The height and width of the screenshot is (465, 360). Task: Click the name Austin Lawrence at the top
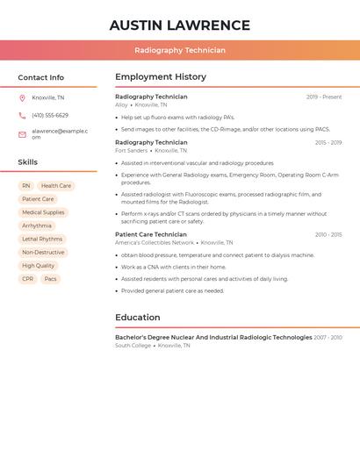tap(180, 25)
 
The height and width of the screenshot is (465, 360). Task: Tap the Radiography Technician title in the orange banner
tap(180, 50)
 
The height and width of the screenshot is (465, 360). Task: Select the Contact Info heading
tap(41, 77)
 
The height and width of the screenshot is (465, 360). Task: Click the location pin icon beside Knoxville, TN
tap(22, 98)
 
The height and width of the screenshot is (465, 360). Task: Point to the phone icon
tap(22, 116)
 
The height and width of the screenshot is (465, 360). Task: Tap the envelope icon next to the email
tap(22, 134)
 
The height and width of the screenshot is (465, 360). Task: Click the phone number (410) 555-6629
tap(50, 116)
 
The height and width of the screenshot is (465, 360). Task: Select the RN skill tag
tap(26, 186)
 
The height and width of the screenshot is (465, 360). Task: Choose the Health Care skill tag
tap(56, 186)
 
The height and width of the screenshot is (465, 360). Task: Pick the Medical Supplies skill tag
tap(43, 212)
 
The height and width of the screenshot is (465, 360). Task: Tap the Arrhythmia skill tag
tap(37, 225)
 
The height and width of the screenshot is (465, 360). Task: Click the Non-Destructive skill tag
tap(43, 253)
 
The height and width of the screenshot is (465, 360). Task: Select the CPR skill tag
tap(28, 279)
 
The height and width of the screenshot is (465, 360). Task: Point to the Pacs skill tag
tap(51, 279)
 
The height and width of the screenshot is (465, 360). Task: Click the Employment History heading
tap(161, 77)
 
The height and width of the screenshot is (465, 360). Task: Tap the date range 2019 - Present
tap(324, 97)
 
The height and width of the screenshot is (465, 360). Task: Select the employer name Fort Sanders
tap(131, 151)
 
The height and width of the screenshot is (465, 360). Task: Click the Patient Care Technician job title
tap(151, 234)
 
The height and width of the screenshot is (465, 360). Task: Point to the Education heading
tap(138, 318)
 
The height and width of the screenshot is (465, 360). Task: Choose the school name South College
tap(133, 346)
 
